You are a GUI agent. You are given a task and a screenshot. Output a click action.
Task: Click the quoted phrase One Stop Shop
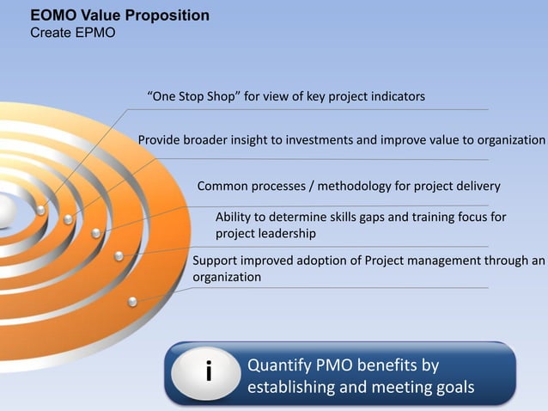(x=193, y=96)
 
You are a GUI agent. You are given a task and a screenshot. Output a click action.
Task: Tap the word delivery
(x=477, y=186)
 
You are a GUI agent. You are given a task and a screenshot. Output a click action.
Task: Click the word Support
(x=216, y=261)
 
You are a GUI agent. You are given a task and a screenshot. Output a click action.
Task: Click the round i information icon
(x=208, y=373)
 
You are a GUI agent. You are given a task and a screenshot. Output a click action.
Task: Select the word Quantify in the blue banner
(x=277, y=365)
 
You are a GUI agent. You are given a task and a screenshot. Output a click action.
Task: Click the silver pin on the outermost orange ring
(x=132, y=301)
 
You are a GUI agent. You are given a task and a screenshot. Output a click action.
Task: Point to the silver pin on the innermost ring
(x=41, y=210)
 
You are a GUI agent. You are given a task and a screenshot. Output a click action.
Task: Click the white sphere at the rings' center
(x=3, y=212)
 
